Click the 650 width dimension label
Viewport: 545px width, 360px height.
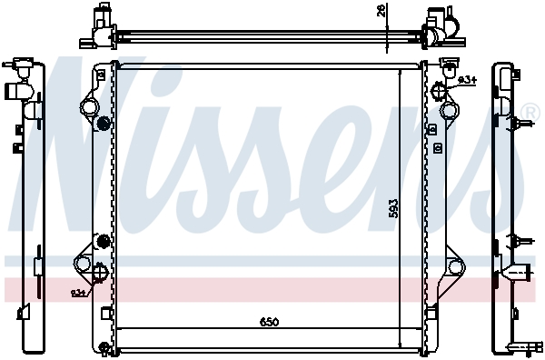click(269, 322)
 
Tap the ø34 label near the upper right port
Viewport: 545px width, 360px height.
click(467, 81)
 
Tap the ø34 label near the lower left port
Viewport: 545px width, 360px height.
click(79, 293)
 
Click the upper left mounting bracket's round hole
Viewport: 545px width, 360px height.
click(89, 107)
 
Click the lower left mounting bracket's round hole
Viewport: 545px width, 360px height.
click(84, 265)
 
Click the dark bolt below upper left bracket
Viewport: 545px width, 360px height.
click(103, 124)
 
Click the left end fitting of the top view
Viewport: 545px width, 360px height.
click(99, 25)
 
